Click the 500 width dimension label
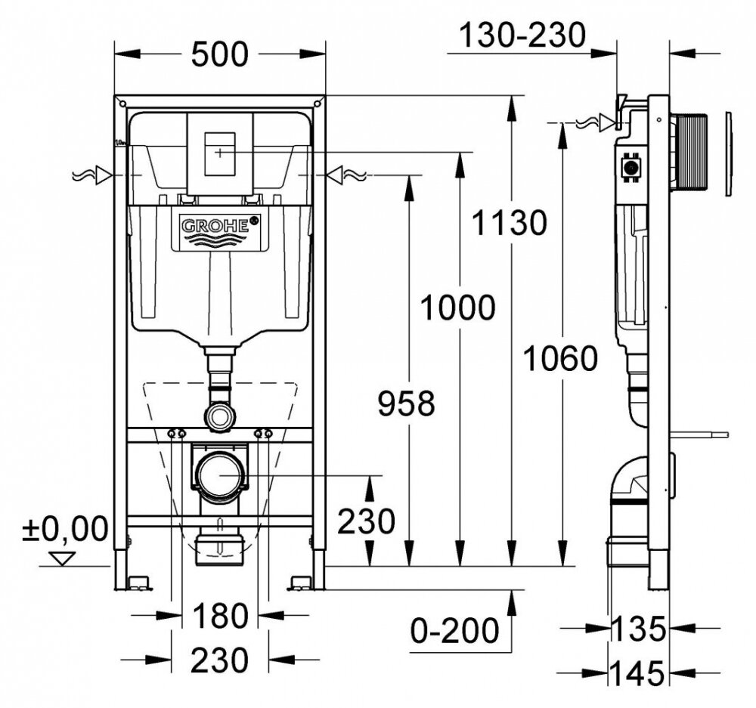(219, 54)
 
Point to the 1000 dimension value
(457, 308)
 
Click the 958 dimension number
(407, 403)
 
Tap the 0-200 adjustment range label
(455, 628)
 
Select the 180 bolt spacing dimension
(219, 617)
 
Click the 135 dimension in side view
(640, 627)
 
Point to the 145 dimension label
(640, 672)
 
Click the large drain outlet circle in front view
(218, 476)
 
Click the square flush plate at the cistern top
(219, 151)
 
